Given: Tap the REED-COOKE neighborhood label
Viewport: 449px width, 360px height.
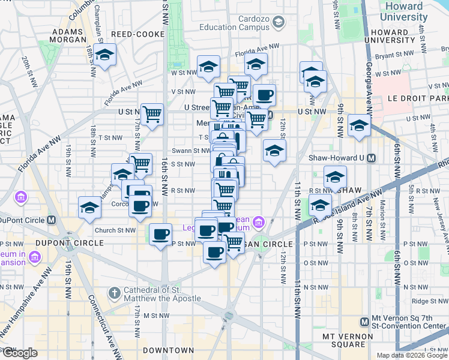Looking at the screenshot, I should (x=137, y=35).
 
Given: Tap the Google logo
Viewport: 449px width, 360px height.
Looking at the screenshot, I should (x=20, y=353).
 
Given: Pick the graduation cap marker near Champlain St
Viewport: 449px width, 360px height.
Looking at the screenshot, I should (x=105, y=55).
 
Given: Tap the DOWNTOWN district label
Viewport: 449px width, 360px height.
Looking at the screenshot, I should (x=169, y=350).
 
